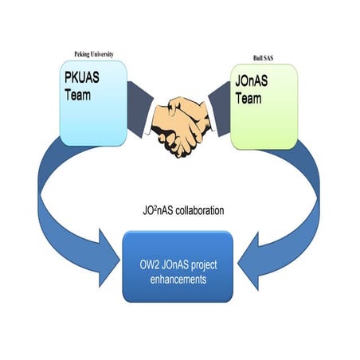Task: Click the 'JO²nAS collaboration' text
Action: coord(180,212)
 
